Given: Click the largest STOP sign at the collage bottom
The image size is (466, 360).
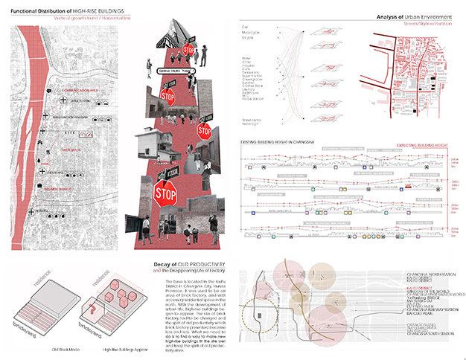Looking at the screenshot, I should click(164, 193).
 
